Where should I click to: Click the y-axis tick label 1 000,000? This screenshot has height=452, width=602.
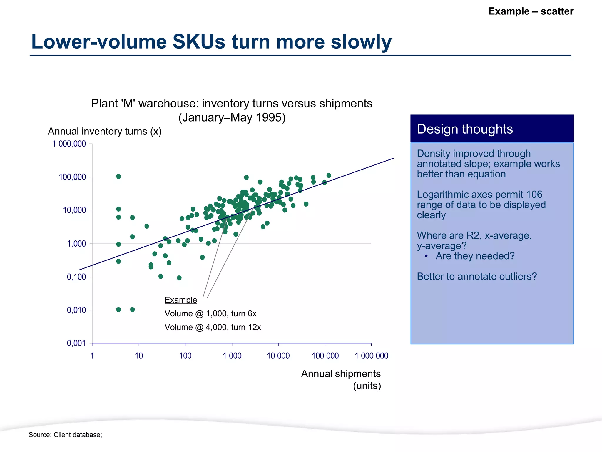point(69,144)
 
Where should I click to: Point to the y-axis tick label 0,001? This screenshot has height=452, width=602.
point(76,343)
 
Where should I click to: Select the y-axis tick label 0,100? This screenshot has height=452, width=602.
point(76,277)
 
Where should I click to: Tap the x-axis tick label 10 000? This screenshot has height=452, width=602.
point(278,356)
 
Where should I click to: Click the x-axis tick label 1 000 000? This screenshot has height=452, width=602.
point(371,356)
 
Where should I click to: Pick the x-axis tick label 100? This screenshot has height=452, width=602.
point(185,356)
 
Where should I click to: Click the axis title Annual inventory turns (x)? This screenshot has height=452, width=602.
point(105,131)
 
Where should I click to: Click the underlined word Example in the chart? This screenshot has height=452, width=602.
point(180,300)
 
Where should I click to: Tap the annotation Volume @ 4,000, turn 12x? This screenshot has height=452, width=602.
point(213,327)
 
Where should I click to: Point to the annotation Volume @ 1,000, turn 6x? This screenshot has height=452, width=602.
point(210,314)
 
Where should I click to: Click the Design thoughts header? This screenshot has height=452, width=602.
point(465,129)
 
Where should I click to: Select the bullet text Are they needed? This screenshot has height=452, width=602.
point(475,256)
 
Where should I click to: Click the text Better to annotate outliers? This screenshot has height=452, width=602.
point(476,277)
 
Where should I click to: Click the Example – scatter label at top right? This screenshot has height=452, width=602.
point(531,11)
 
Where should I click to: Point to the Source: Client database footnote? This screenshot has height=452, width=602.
point(65,435)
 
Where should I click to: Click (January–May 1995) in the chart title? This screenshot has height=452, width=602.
point(232,117)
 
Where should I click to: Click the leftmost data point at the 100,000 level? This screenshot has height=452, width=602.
point(118,177)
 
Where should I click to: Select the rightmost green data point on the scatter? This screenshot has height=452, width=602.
point(329,176)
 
